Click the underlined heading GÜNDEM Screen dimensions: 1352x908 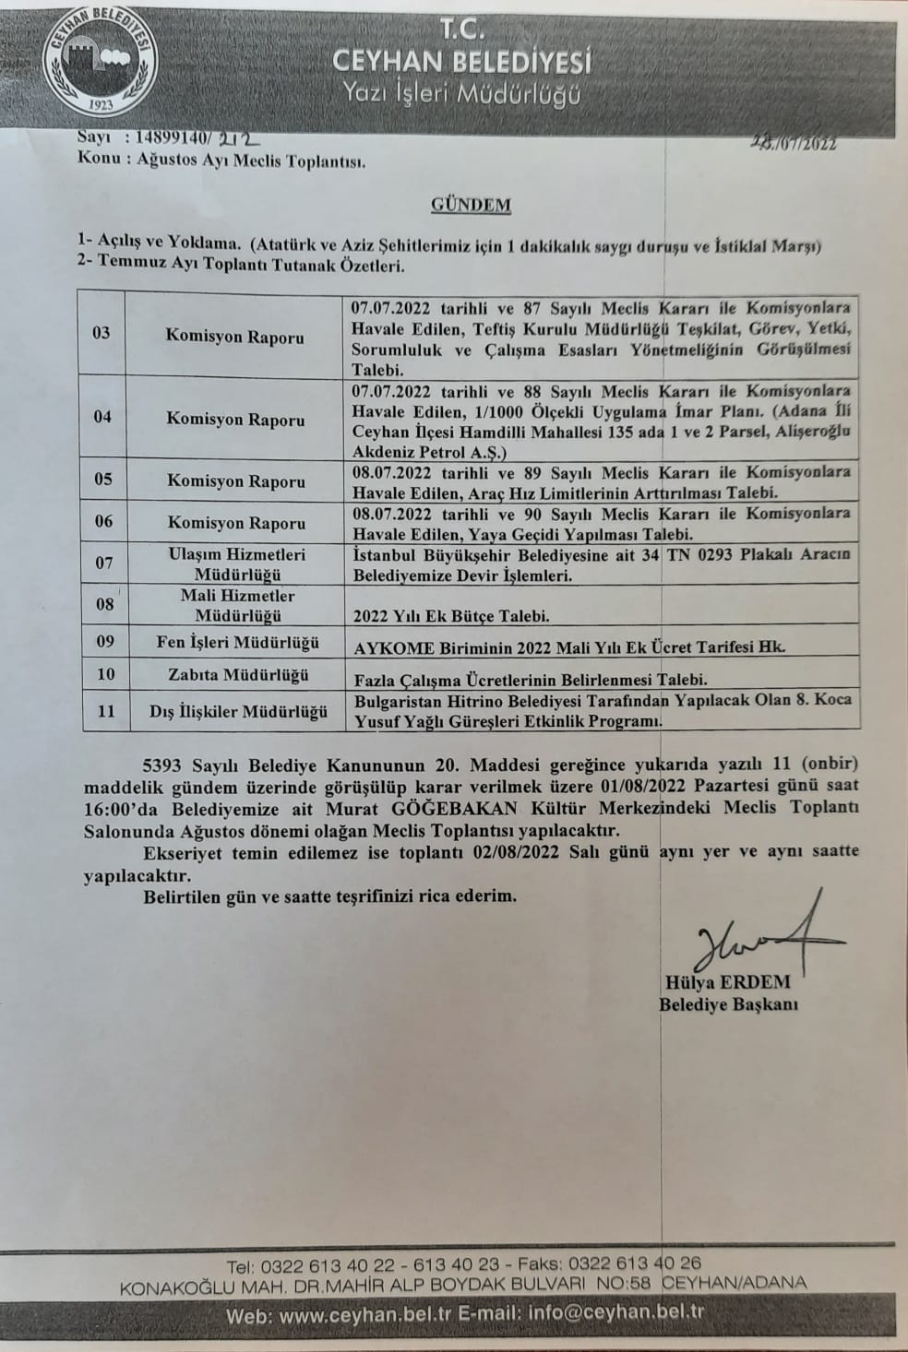click(x=471, y=205)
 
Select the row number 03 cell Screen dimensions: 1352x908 click(x=102, y=333)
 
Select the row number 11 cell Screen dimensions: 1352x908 click(x=106, y=712)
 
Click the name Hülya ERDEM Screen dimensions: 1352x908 click(x=724, y=982)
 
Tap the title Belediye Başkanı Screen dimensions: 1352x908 click(x=728, y=1004)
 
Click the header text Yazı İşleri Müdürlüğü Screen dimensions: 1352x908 click(x=461, y=93)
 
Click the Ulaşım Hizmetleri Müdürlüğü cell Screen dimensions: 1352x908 click(x=236, y=563)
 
